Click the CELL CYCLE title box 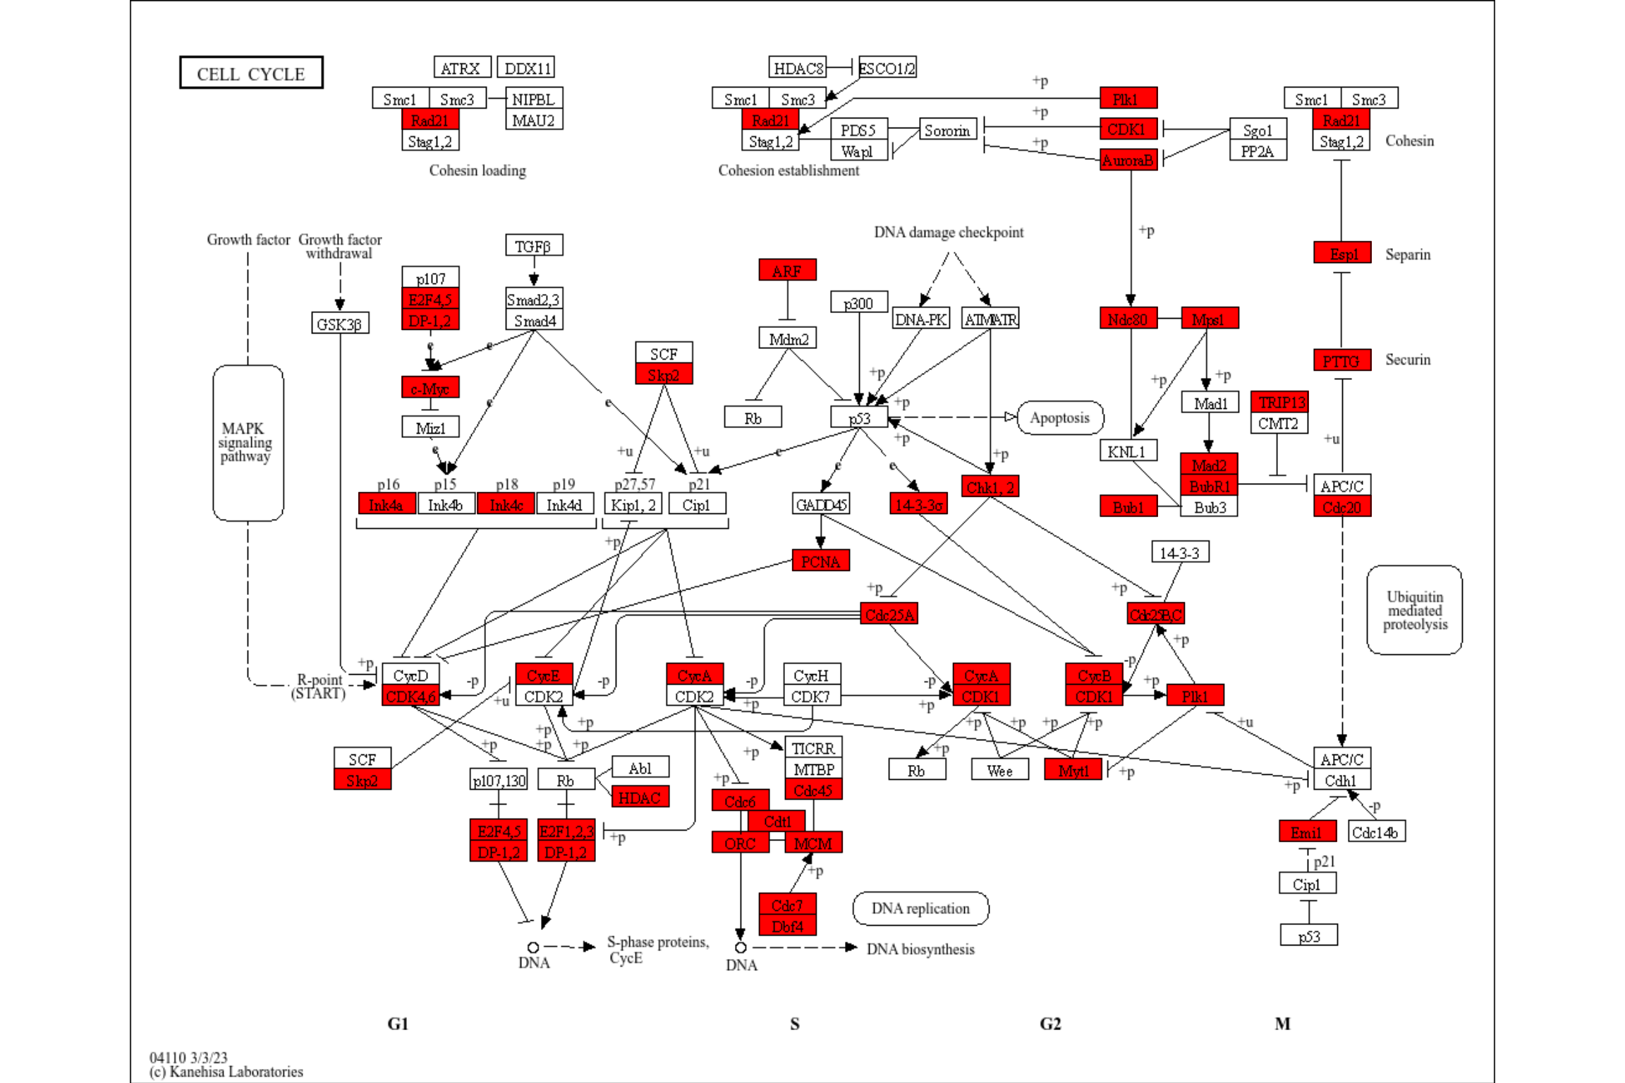[x=251, y=73]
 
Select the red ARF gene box [x=787, y=270]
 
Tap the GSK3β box [x=339, y=324]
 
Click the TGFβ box [x=533, y=246]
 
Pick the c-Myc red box [x=430, y=388]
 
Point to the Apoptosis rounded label [x=1059, y=417]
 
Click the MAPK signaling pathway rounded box [x=248, y=443]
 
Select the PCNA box [x=820, y=561]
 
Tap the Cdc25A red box [x=889, y=614]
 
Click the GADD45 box [x=820, y=504]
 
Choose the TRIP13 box [x=1279, y=402]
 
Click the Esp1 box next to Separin [x=1341, y=253]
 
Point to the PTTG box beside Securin [x=1341, y=361]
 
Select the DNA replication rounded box [x=920, y=908]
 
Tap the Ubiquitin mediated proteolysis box [x=1413, y=610]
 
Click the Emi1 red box [x=1306, y=832]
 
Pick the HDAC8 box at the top [x=797, y=68]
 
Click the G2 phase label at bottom [x=1049, y=1023]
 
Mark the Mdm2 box [x=787, y=338]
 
